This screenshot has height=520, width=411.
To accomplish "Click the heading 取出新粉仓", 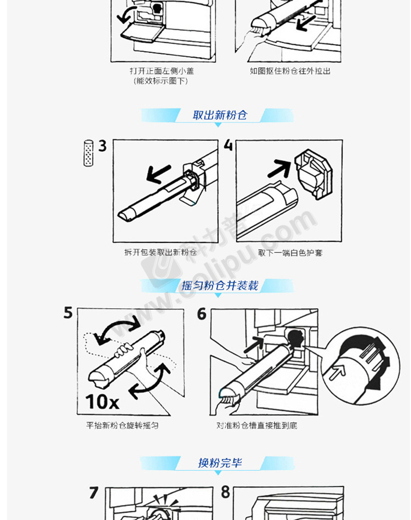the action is (220, 115).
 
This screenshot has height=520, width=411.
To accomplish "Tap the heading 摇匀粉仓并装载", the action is (220, 285).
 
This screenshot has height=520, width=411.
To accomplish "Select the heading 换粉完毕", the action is (220, 463).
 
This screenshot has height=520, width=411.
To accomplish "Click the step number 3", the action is (102, 146).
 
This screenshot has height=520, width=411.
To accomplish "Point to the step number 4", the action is (228, 145).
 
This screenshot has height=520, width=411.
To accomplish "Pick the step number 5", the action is (68, 313).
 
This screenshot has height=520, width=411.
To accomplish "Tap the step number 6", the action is (202, 314).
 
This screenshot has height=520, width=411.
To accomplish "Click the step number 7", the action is (94, 493).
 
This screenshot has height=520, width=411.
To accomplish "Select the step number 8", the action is (226, 492).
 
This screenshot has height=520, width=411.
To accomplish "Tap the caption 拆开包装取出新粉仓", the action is (161, 252).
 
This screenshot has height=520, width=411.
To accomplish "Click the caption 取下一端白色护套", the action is (290, 253).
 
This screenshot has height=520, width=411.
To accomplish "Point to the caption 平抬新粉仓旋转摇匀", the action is (122, 425).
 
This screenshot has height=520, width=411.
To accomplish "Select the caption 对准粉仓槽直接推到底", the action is (257, 425).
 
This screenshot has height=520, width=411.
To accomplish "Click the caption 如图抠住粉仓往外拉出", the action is (290, 71).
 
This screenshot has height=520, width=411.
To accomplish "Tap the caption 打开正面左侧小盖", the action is (162, 71).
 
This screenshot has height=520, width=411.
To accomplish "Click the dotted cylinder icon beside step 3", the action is (88, 153).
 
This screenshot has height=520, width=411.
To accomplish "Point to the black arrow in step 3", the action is (159, 174).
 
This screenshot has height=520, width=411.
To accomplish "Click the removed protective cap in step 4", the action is (313, 174).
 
